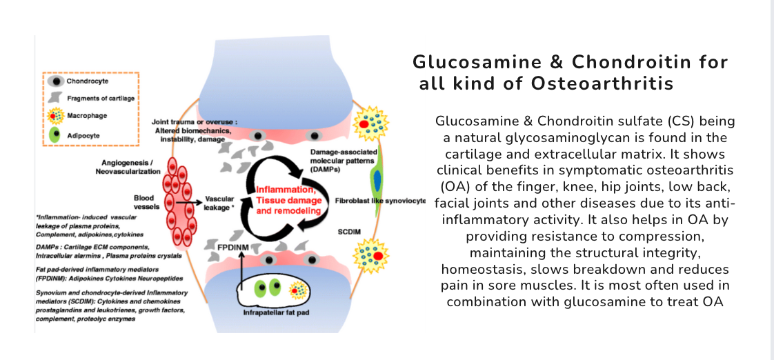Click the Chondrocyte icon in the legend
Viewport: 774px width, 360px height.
tap(54, 81)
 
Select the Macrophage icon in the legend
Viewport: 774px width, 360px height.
tap(54, 115)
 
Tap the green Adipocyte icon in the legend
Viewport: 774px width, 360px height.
tap(54, 135)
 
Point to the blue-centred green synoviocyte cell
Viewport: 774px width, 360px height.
tap(378, 181)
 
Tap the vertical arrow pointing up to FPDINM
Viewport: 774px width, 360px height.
tap(242, 273)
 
